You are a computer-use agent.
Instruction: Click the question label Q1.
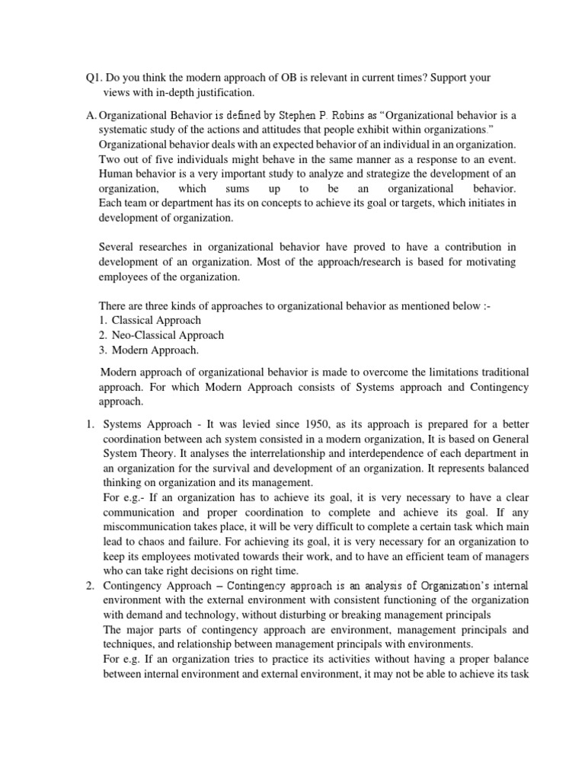(x=94, y=78)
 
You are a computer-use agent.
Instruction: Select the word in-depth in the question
(x=176, y=93)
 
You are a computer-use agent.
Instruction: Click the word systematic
(x=123, y=130)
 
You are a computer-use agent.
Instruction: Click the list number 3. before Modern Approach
(x=102, y=350)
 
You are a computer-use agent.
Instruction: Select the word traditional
(x=496, y=372)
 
